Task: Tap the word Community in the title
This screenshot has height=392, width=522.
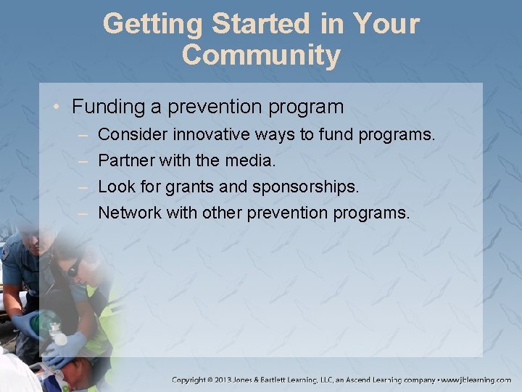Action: click(x=261, y=55)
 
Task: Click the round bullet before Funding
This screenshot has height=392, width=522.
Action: click(x=58, y=107)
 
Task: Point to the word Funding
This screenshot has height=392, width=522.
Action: click(x=109, y=107)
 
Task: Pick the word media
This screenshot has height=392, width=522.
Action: click(x=251, y=160)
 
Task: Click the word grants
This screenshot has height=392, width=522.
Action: click(x=190, y=187)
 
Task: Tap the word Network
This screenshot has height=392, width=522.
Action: click(x=129, y=213)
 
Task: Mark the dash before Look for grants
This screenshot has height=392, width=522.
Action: click(x=83, y=187)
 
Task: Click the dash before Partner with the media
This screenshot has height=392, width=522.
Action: click(x=83, y=160)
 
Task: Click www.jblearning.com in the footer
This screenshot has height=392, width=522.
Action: click(x=476, y=380)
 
